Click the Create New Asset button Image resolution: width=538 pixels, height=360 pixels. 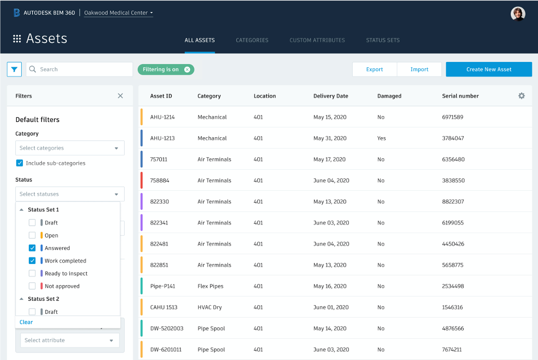[489, 69]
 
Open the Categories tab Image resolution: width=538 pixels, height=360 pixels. [252, 40]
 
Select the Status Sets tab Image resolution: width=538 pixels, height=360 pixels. [383, 40]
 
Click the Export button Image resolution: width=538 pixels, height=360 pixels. [374, 69]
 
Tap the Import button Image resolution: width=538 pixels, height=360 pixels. [419, 69]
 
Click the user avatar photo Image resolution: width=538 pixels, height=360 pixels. [518, 14]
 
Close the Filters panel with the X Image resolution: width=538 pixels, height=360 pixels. [120, 96]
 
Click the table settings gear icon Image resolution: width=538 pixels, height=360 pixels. [521, 96]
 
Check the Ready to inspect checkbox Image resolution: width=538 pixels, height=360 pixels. [32, 273]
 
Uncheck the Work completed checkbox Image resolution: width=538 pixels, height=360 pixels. [32, 261]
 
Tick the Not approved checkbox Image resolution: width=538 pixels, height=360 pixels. [32, 286]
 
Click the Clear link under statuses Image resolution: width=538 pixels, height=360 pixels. [26, 322]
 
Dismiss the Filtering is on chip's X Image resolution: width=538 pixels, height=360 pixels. [187, 69]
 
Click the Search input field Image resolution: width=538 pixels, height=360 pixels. [81, 69]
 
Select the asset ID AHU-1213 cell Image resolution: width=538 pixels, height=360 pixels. [163, 138]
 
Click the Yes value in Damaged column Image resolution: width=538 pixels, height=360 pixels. [381, 138]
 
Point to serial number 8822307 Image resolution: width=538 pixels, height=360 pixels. [453, 202]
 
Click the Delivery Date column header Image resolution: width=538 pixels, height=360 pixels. [330, 96]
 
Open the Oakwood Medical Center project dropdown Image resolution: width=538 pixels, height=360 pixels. [119, 13]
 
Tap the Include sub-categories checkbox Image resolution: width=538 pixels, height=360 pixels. [20, 163]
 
